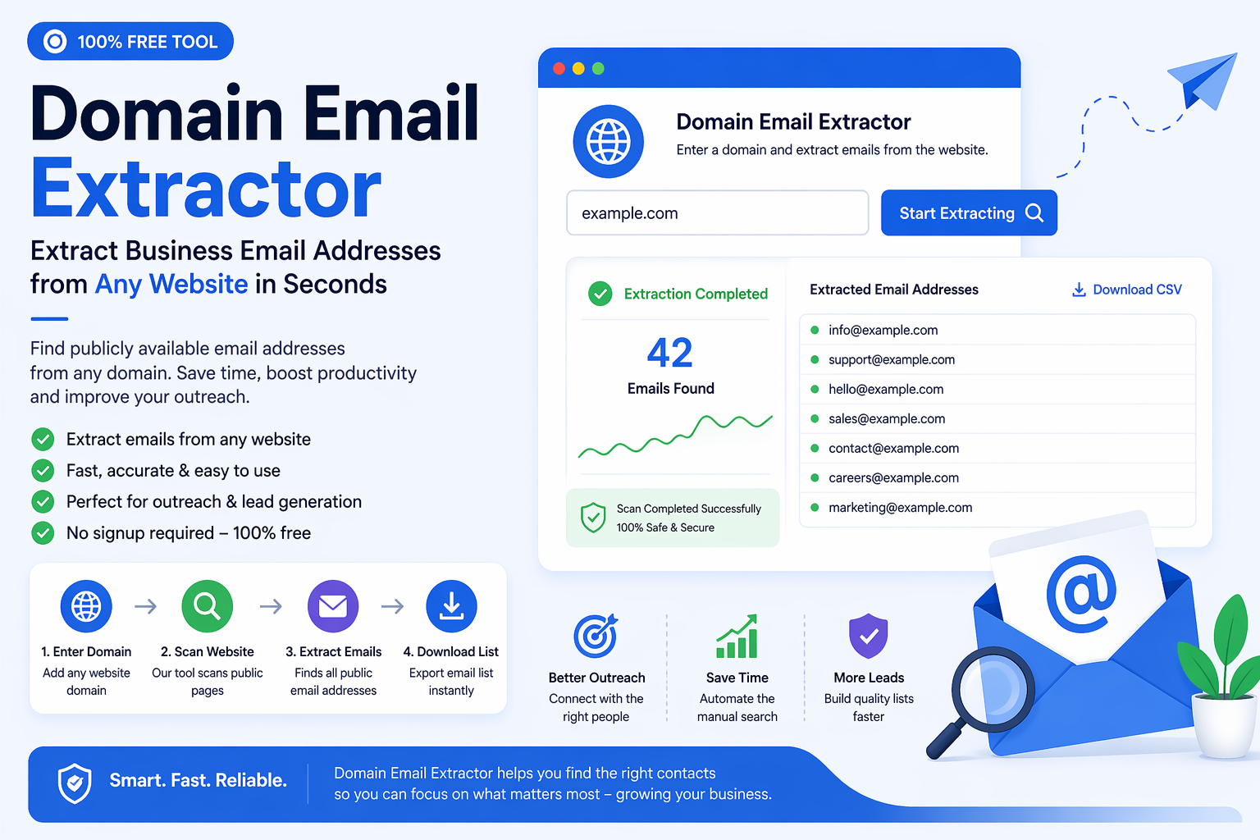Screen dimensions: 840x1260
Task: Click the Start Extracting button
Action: point(968,213)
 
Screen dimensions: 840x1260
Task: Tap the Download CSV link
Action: point(1127,290)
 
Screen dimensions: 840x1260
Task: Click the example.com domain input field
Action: point(717,213)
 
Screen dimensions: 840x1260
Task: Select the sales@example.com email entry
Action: point(886,418)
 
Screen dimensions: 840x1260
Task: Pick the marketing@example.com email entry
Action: point(900,508)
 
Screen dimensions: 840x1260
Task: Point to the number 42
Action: point(670,353)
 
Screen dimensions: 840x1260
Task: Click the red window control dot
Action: point(559,69)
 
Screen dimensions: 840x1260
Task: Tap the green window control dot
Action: point(598,69)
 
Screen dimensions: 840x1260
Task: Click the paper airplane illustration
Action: point(1204,80)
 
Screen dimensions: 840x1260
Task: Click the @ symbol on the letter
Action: point(1081,593)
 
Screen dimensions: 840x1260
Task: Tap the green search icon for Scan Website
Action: point(207,606)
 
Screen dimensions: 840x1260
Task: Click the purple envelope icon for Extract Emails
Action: point(333,606)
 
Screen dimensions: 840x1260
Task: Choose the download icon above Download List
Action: point(451,606)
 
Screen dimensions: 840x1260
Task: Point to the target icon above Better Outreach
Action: point(596,636)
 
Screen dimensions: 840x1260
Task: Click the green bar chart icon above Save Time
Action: point(737,637)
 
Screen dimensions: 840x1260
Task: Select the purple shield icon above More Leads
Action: point(869,636)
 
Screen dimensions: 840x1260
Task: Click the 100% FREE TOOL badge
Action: point(130,42)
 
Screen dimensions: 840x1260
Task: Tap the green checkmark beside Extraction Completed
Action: point(600,294)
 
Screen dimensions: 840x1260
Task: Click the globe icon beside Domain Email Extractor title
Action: point(608,141)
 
